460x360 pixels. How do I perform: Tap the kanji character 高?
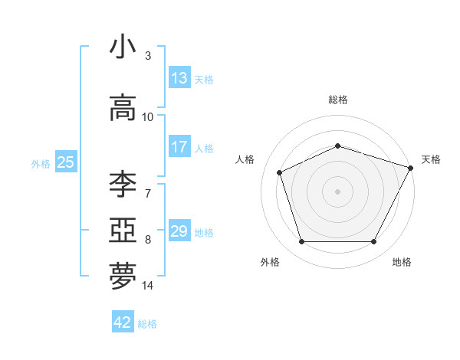pos(123,108)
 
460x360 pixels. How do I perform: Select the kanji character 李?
pos(123,185)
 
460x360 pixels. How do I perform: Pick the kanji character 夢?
pos(123,277)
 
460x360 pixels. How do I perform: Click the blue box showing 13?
pos(179,78)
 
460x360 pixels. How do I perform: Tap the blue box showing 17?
pos(179,147)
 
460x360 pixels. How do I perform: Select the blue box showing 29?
pos(179,231)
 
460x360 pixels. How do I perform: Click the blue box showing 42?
pos(123,322)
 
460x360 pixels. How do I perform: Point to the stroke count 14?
pos(148,286)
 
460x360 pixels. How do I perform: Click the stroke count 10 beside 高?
pos(148,116)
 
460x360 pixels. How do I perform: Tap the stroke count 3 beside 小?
pos(148,55)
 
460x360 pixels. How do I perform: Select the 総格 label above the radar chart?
pos(338,100)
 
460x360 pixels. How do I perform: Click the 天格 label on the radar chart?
pos(431,159)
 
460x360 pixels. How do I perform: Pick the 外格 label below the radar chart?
pos(270,262)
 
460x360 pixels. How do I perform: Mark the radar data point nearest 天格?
pos(412,167)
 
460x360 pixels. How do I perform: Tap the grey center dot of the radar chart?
pos(338,191)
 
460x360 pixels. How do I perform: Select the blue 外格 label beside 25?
pos(41,163)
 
